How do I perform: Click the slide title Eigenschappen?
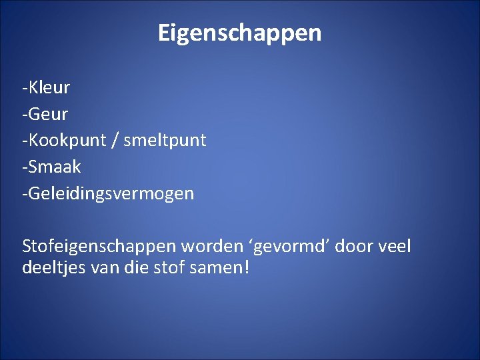point(239,33)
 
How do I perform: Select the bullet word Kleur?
point(49,87)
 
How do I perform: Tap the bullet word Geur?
point(48,114)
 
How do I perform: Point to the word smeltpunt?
point(165,141)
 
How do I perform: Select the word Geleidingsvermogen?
point(111,194)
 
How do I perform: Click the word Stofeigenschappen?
point(99,247)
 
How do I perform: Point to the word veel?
point(395,247)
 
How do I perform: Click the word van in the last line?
point(99,268)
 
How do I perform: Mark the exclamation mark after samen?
point(245,268)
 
